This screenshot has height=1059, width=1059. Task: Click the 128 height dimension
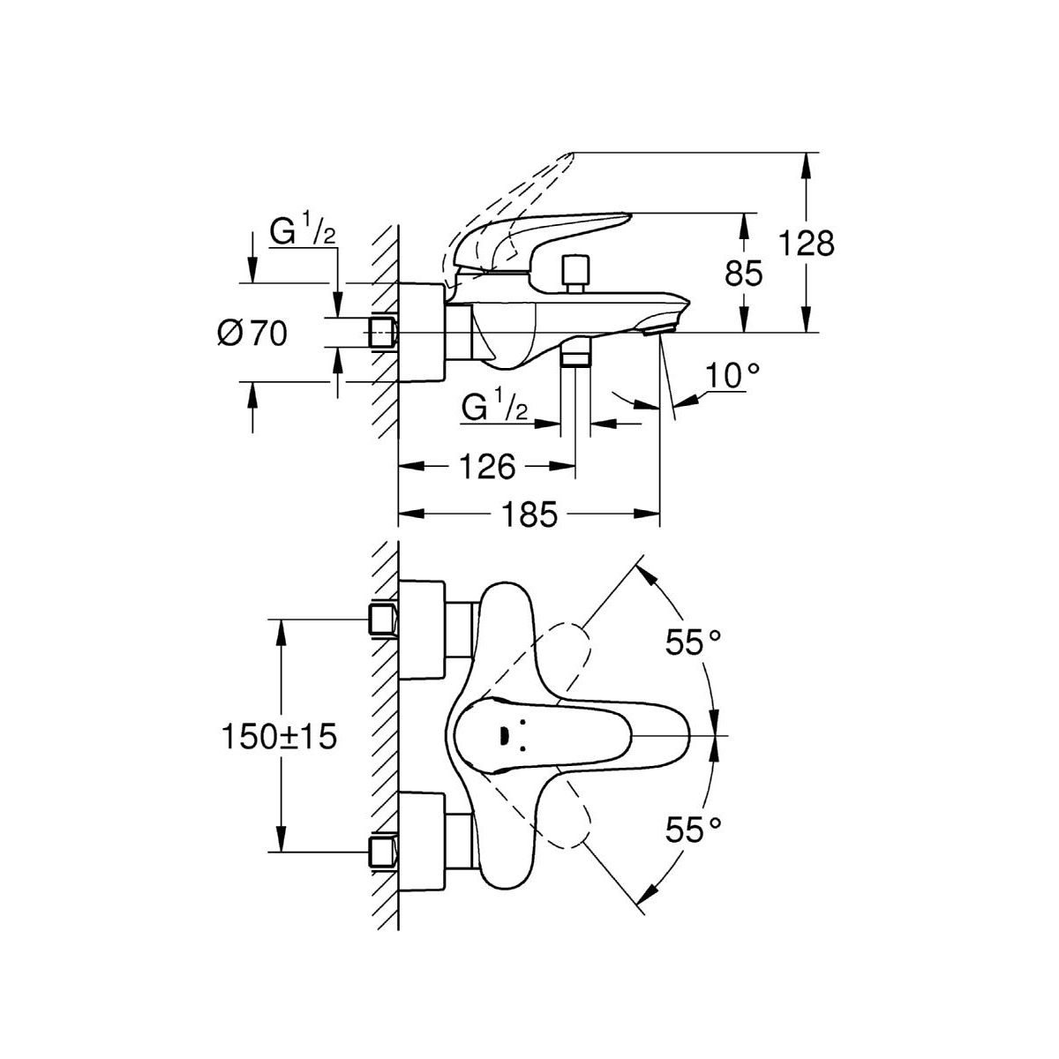coord(807,243)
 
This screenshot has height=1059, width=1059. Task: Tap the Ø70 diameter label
coord(252,334)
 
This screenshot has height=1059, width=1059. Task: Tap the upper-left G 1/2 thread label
coord(302,234)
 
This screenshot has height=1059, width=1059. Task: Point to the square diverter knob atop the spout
coord(575,271)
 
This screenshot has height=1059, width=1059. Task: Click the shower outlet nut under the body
coord(575,355)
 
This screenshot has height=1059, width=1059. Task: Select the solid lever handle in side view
coord(538,234)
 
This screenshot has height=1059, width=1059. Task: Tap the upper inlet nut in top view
coord(381,620)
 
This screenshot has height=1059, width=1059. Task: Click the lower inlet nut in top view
coord(381,852)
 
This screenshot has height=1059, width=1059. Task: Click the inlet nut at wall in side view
coord(381,333)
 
